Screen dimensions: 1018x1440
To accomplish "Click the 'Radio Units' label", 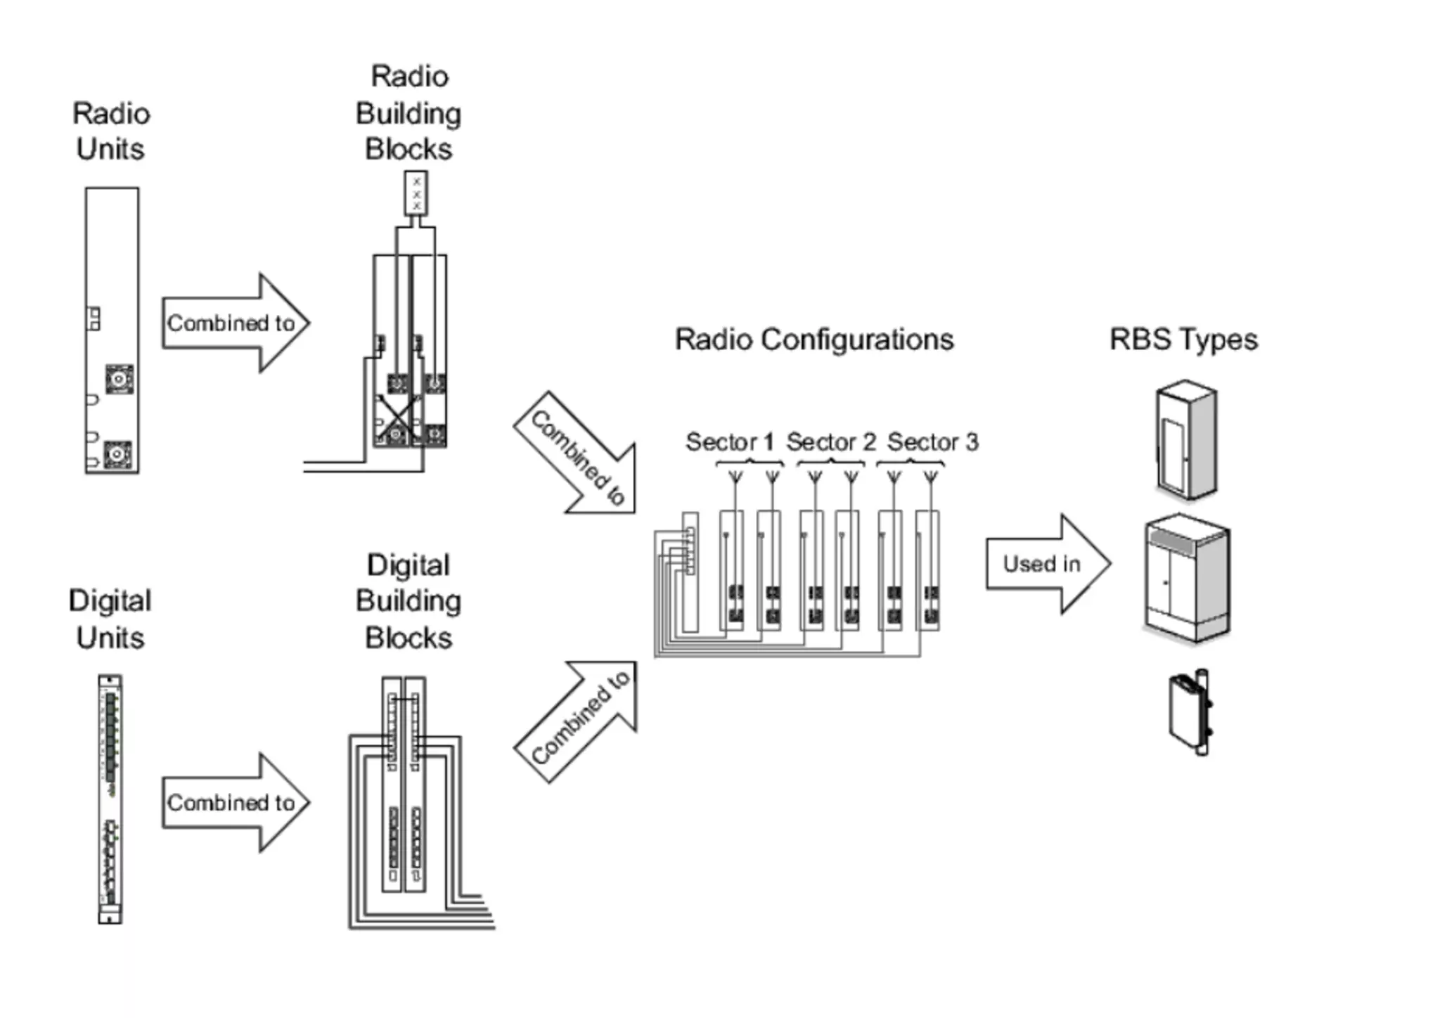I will tap(111, 131).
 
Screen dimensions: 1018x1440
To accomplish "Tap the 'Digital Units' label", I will tap(110, 619).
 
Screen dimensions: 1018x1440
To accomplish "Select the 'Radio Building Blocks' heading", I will tap(409, 113).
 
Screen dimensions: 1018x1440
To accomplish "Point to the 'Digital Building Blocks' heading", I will tap(409, 601).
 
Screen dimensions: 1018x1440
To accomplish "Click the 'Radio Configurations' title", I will tap(814, 340).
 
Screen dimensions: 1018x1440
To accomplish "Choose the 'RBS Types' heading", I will tap(1183, 340).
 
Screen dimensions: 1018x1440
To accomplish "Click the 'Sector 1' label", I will tap(729, 442).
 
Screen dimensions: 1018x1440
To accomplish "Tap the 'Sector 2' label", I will tap(830, 442).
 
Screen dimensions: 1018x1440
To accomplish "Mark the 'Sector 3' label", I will tap(932, 442).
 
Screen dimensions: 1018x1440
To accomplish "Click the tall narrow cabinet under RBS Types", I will tap(1186, 439).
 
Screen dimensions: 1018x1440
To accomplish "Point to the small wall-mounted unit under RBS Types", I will tap(1189, 712).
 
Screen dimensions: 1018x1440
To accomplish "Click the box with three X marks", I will tap(416, 193).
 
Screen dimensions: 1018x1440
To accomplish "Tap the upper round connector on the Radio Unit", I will tap(119, 379).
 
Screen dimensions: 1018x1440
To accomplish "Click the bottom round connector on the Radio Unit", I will tap(117, 454).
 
